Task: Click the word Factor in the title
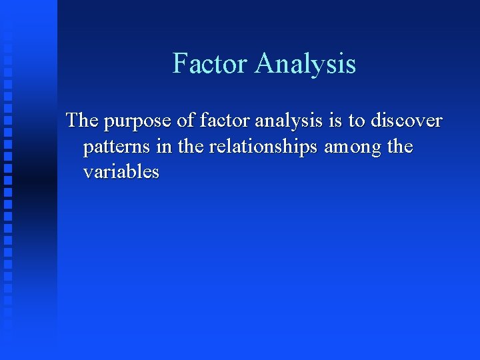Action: [211, 64]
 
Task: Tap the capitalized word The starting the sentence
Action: [81, 121]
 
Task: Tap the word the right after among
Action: [400, 146]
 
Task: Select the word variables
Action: [121, 171]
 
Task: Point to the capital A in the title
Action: [264, 64]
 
